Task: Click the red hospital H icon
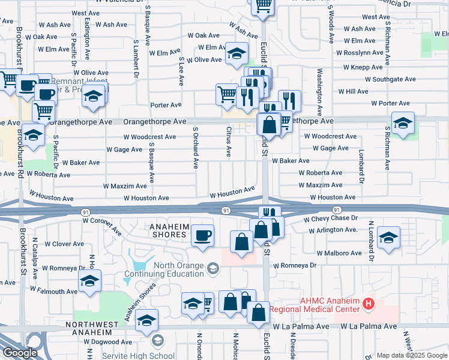click(x=369, y=304)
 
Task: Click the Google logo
click(x=19, y=353)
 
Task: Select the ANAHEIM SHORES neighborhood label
click(x=168, y=230)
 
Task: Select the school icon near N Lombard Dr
click(x=389, y=238)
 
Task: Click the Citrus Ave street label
click(x=229, y=142)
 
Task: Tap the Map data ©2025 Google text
click(x=411, y=355)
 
